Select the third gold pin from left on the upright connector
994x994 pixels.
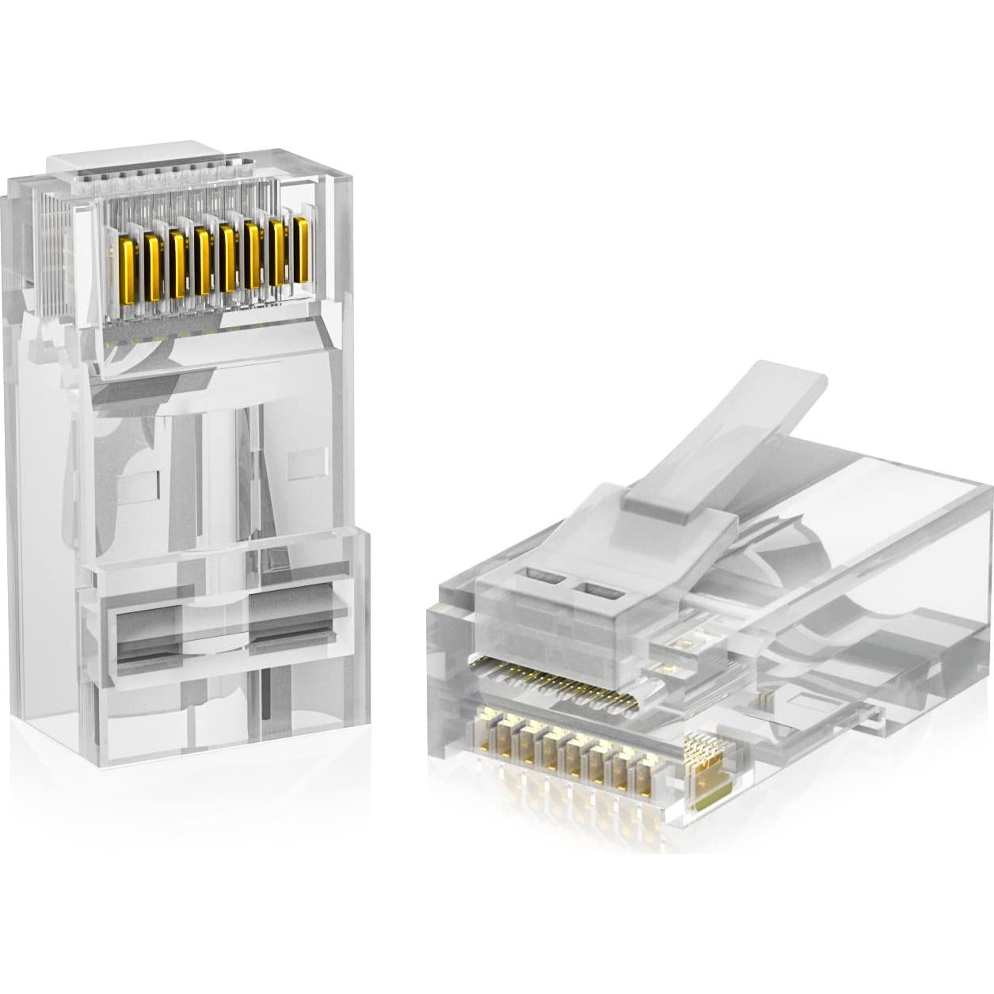pyautogui.click(x=177, y=262)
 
